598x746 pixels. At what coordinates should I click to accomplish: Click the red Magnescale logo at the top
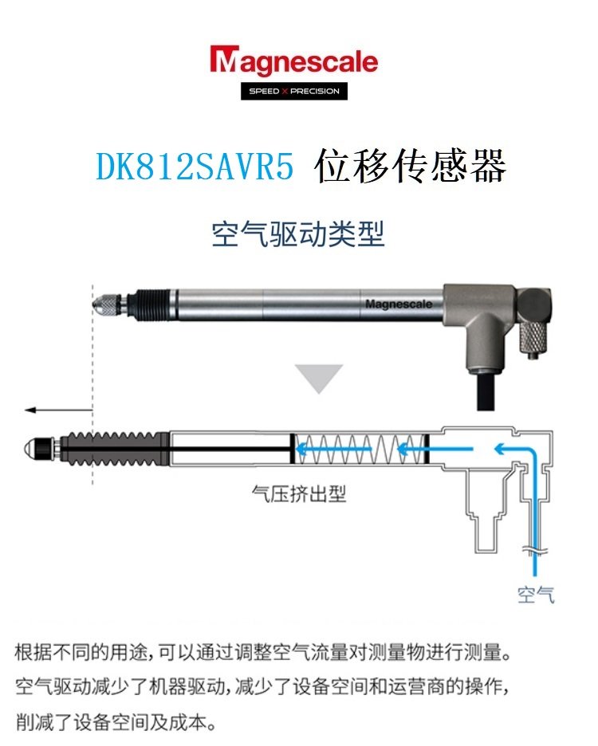pos(293,61)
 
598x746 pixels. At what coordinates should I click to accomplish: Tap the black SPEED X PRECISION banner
pos(293,91)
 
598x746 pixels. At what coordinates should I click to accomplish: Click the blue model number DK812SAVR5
pos(195,166)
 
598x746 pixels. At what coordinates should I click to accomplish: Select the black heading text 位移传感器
pos(410,166)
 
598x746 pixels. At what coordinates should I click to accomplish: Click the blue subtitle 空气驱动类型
pos(298,234)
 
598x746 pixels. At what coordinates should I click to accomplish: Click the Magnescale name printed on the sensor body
pos(399,304)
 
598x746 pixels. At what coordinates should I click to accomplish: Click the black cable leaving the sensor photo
pos(486,391)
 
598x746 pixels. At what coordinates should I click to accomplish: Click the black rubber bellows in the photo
pos(150,305)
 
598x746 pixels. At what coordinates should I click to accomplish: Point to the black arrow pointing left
pos(58,410)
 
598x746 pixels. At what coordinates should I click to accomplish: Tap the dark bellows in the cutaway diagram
pos(114,449)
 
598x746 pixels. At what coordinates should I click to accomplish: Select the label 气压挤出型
pos(298,493)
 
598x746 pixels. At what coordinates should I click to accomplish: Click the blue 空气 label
pos(536,595)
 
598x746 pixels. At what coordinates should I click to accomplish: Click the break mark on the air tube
pos(535,551)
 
